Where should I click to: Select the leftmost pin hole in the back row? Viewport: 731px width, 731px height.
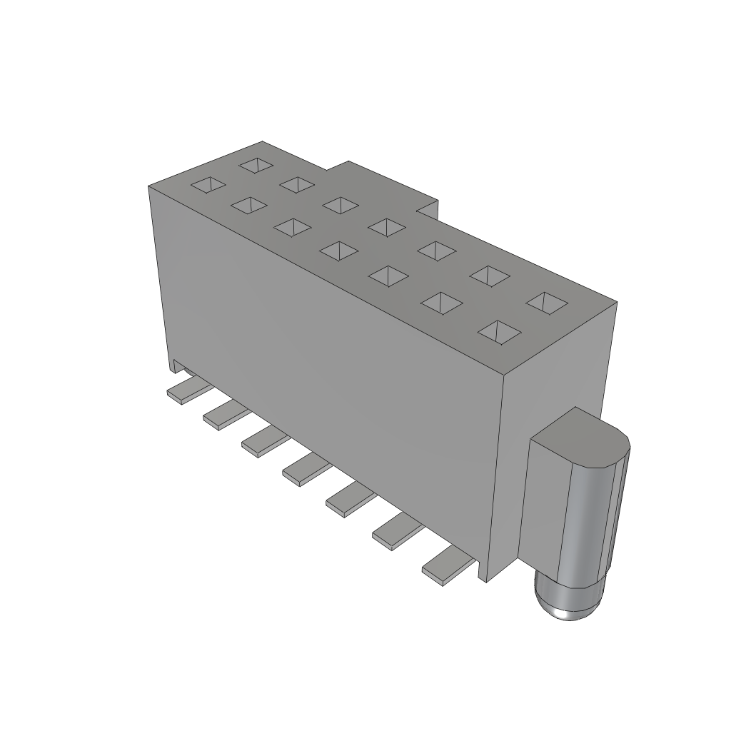tap(256, 165)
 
